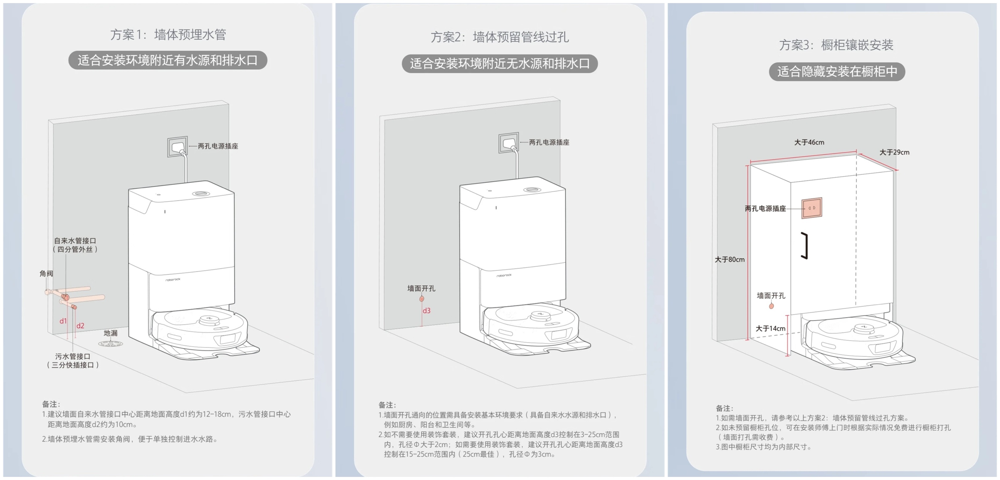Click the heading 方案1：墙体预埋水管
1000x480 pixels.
click(x=168, y=35)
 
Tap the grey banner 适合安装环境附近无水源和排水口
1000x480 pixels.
click(x=500, y=64)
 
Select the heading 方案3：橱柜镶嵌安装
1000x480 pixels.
click(x=836, y=45)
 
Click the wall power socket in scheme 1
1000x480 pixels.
click(x=178, y=146)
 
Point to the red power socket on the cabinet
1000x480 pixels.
click(x=812, y=208)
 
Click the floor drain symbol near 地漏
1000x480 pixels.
click(x=110, y=344)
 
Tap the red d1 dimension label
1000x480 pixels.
click(x=63, y=321)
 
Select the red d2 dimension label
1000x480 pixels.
click(x=80, y=326)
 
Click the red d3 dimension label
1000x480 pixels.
click(x=427, y=311)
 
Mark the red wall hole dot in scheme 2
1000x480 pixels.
click(x=422, y=299)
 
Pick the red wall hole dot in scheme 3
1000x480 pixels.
click(x=771, y=306)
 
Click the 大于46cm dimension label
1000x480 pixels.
click(x=809, y=143)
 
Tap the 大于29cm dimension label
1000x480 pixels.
click(x=894, y=152)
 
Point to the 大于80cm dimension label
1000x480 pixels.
click(x=730, y=259)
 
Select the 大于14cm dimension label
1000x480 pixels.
click(x=770, y=328)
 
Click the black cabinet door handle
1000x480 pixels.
click(x=806, y=246)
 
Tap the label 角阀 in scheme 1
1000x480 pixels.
click(x=46, y=273)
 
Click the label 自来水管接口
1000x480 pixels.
click(x=75, y=241)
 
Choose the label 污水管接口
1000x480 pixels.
click(x=73, y=356)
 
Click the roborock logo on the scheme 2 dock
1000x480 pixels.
click(x=504, y=275)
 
